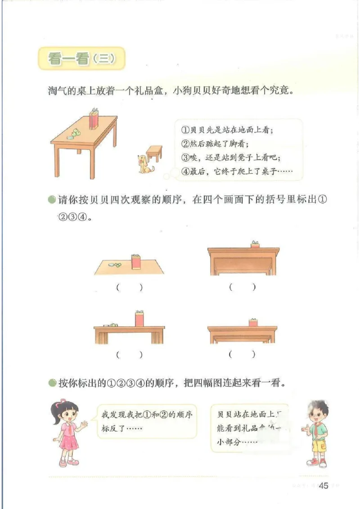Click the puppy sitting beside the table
coord(145,163)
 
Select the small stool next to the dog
coord(154,153)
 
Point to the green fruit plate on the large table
coord(73,134)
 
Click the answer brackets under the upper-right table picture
coord(242,287)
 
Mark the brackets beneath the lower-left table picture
coord(129,355)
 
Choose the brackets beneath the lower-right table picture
coord(242,355)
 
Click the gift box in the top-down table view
coord(136,262)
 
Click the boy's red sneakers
coord(316,462)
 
